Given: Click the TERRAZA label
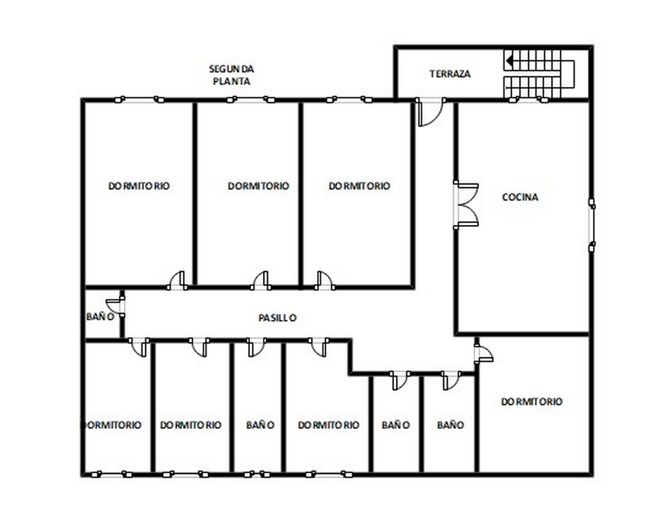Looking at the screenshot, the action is [x=450, y=74].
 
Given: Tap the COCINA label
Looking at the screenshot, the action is [x=520, y=197].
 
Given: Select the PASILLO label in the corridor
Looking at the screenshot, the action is [x=277, y=318].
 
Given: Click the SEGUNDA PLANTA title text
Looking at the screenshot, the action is [x=231, y=75].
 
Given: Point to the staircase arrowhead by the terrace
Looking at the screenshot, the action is [x=509, y=62].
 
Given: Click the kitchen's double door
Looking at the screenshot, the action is [x=466, y=205].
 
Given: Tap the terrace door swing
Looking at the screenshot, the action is [x=431, y=112].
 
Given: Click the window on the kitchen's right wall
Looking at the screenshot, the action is [x=592, y=225].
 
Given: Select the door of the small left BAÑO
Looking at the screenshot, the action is [x=116, y=304].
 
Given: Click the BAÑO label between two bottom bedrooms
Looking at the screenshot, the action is [x=260, y=425].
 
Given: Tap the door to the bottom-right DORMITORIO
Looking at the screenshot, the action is [x=484, y=353].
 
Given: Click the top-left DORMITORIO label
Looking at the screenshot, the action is [x=139, y=186].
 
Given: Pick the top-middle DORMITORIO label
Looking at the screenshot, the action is [x=259, y=186].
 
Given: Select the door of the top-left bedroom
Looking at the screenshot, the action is [x=177, y=281].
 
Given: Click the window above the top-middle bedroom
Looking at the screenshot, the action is [x=251, y=100].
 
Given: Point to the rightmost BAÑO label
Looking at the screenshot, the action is [x=450, y=425].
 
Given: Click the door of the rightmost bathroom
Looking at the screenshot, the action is [x=451, y=380].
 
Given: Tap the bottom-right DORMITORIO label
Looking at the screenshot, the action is [x=532, y=402].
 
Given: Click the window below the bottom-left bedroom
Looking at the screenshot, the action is [x=112, y=474].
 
